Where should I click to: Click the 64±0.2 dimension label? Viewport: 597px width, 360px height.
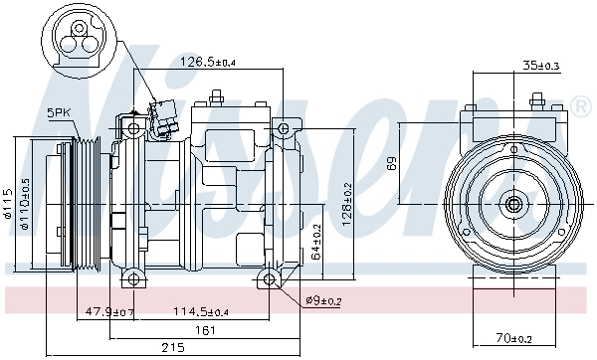click(x=315, y=242)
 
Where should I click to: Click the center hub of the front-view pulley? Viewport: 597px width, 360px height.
click(x=513, y=205)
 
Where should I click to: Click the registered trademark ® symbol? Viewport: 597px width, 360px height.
click(x=579, y=104)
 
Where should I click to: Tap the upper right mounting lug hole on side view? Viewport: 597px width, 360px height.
click(x=285, y=129)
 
